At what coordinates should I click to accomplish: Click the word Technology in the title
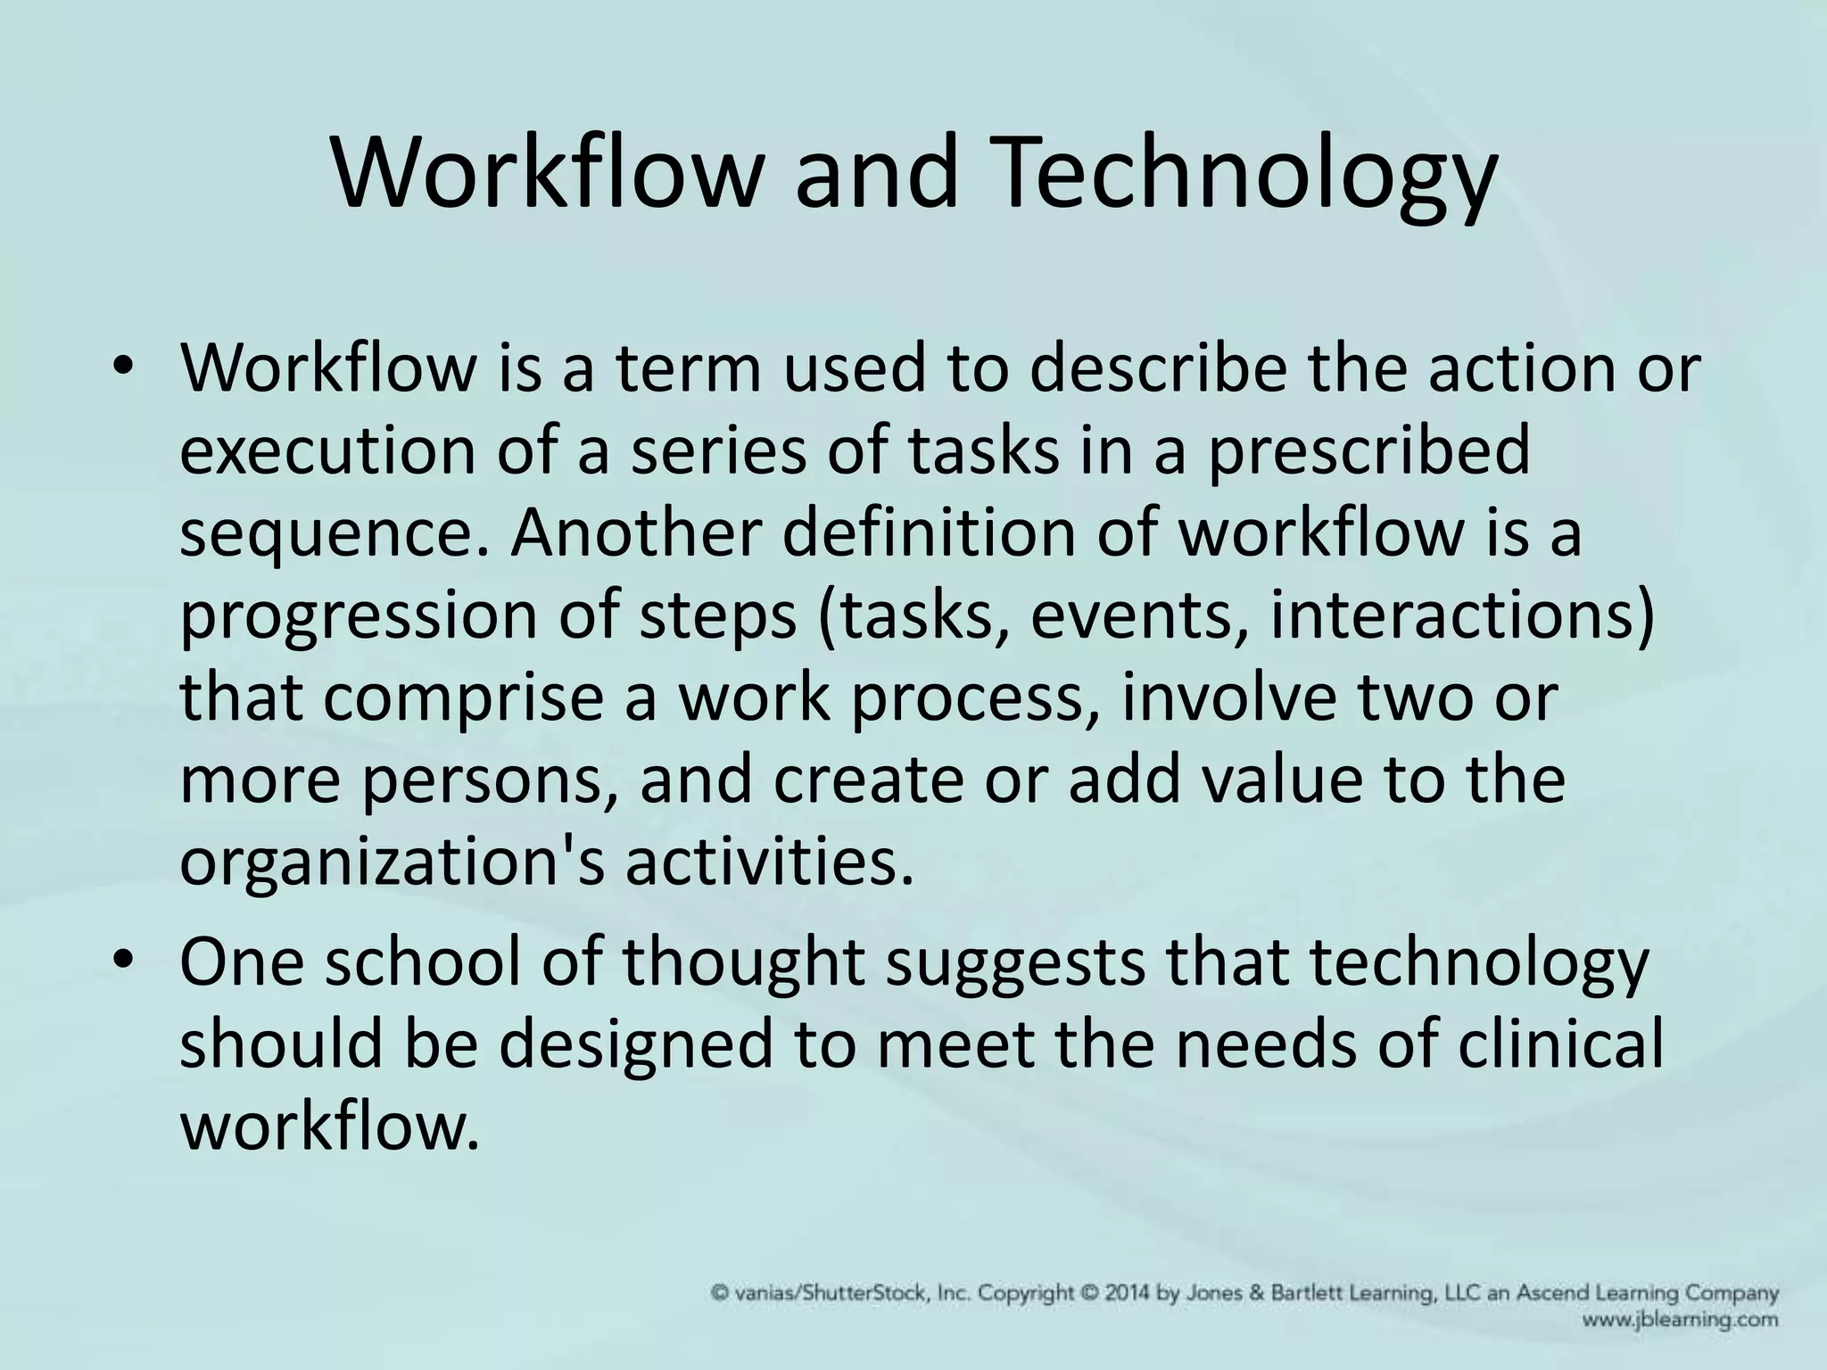(1246, 176)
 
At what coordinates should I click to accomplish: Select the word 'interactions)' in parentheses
(1463, 615)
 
